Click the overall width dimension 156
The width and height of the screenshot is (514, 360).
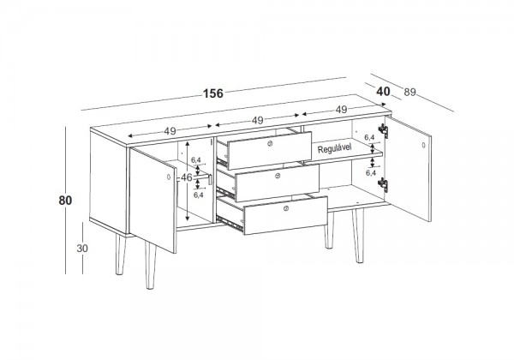coord(213,93)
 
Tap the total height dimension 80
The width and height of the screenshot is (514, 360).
coord(65,201)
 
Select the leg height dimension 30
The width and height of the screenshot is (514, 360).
coord(82,249)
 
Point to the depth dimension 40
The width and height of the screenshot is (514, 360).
coord(383,92)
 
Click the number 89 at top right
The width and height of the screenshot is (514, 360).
coord(409,93)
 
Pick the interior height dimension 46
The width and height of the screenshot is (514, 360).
coord(187,177)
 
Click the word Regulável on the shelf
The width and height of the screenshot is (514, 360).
coord(334,148)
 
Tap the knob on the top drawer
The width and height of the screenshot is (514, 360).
coord(270,143)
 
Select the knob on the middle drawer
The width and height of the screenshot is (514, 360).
coord(278,176)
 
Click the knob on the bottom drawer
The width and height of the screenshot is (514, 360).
coord(286,208)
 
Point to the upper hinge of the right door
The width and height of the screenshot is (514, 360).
coord(384,130)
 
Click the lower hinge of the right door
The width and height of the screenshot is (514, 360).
coord(383,184)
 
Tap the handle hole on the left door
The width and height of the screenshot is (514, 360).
coord(169,177)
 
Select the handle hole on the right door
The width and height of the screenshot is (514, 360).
coord(423,145)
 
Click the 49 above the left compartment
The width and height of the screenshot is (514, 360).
coord(170,131)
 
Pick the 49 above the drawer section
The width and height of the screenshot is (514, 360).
coord(258,120)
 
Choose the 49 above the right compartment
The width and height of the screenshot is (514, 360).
coord(341,110)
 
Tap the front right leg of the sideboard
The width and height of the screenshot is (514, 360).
coord(358,236)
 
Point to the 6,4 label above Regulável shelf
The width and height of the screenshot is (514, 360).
coord(369,137)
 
